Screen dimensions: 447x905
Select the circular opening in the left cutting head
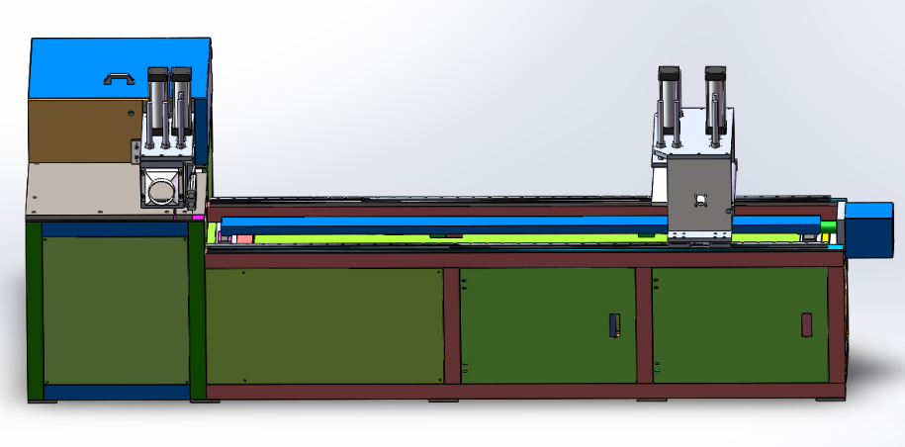(160, 186)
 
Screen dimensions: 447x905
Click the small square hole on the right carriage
(700, 199)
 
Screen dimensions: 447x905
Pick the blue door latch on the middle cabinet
(612, 324)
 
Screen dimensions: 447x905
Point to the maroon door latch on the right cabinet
(805, 324)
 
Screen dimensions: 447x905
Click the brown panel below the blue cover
(79, 129)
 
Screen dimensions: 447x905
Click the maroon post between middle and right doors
(644, 324)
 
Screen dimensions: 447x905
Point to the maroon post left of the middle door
(452, 324)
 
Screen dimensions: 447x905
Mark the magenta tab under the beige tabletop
(197, 217)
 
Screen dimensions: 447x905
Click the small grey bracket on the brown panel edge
(134, 151)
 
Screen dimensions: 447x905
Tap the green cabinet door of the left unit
(115, 309)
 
